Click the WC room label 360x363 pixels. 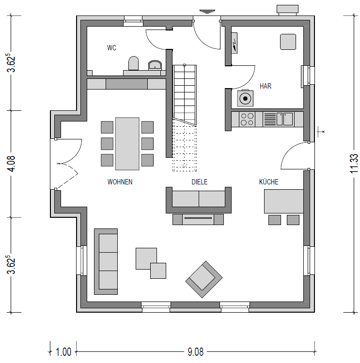click(111, 48)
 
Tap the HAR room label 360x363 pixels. click(266, 86)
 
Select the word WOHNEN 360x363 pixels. click(120, 181)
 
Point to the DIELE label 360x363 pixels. click(199, 181)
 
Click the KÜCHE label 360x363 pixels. click(268, 181)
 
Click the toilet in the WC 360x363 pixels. click(134, 63)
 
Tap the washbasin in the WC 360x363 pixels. click(155, 65)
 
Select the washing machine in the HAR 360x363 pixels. click(245, 98)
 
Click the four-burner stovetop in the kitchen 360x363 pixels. click(247, 119)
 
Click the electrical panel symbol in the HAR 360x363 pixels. click(235, 43)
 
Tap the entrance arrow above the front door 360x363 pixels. click(207, 12)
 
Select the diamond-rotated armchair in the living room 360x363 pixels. click(204, 279)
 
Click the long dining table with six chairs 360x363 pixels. click(127, 144)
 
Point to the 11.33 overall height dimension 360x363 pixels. click(354, 164)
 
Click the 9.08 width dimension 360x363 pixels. click(195, 352)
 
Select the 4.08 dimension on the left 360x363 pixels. click(11, 164)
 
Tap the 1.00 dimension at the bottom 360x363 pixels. click(63, 352)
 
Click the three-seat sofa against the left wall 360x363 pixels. click(106, 261)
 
